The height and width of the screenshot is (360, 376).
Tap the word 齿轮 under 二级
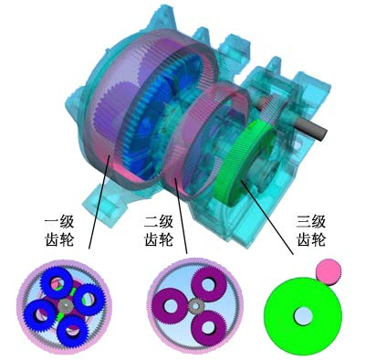[x=159, y=239]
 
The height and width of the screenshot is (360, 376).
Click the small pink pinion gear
[x=329, y=272]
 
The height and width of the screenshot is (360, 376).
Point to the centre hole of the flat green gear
[x=303, y=315]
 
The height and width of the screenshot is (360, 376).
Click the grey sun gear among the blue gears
[x=65, y=305]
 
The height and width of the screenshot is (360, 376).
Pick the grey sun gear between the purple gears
[x=195, y=306]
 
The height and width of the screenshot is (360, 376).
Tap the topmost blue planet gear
[x=57, y=282]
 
